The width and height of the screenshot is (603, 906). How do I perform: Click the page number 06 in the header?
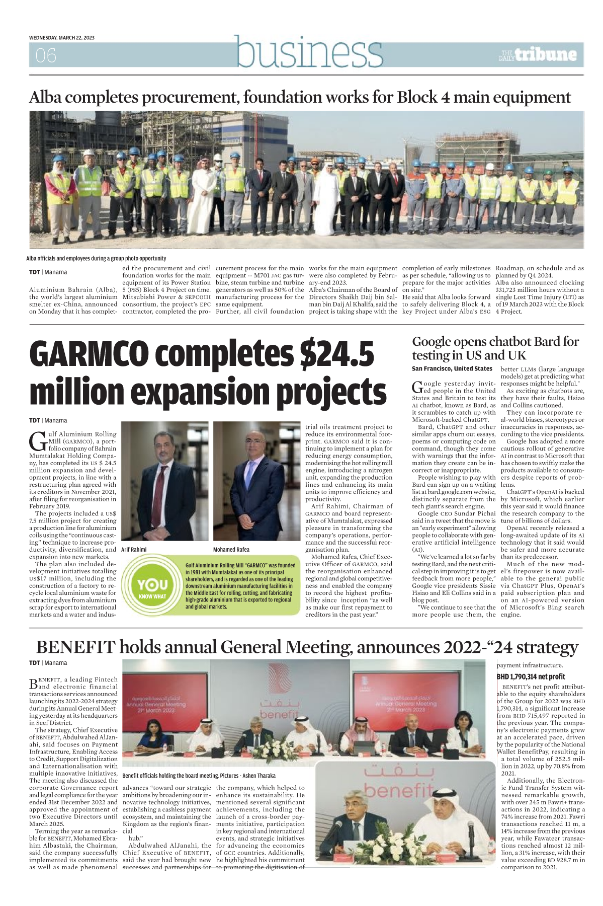coord(46,55)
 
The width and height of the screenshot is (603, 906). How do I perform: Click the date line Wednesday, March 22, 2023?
coord(62,38)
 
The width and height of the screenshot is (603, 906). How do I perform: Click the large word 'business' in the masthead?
coord(309,52)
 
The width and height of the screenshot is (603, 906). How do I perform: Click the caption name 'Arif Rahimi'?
coord(134,549)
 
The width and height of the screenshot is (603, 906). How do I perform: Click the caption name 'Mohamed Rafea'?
coord(231,549)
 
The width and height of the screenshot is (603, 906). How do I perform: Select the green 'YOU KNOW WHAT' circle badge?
coord(152,586)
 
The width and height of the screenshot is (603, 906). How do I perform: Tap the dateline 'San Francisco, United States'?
coord(452,368)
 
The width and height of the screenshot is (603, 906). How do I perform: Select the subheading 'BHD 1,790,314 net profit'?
coord(531,676)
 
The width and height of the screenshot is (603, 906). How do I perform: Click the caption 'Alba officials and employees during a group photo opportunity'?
coord(96,258)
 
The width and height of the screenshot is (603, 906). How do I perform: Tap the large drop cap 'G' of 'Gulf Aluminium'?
coord(38,440)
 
